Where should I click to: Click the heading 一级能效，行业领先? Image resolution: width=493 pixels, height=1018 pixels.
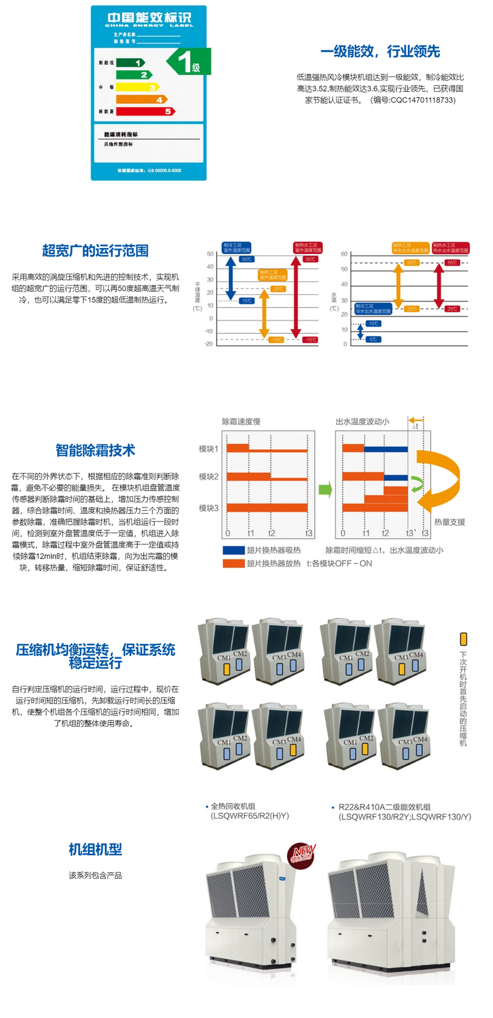(x=380, y=51)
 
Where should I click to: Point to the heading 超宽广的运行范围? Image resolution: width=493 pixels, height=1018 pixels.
(x=96, y=250)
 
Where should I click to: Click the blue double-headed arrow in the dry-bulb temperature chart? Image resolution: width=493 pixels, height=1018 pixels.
(x=230, y=277)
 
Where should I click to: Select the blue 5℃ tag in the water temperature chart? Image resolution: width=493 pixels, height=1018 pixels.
(x=373, y=339)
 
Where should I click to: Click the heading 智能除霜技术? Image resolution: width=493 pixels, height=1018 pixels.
(x=96, y=450)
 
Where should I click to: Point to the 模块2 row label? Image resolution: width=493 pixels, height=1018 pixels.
(x=208, y=477)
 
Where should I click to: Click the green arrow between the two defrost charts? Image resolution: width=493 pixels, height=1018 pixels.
(x=325, y=490)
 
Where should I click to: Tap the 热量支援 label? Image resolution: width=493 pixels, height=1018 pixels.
(x=449, y=522)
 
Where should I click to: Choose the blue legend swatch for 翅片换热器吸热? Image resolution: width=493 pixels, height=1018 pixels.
(x=234, y=550)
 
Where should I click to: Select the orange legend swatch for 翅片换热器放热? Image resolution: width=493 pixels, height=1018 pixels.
(x=234, y=564)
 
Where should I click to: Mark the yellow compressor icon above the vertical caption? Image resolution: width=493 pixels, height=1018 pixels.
(x=463, y=639)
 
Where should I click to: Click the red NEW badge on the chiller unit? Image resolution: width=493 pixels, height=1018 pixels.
(x=302, y=853)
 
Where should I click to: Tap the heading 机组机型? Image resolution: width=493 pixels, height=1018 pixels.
(x=96, y=849)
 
